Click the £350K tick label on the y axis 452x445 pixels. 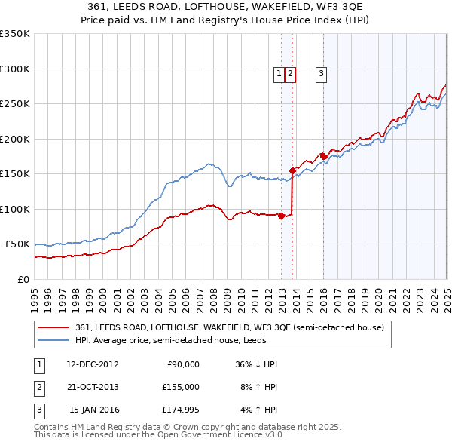tap(14, 34)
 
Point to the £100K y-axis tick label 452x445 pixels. tap(14, 209)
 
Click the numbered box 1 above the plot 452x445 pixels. tap(279, 73)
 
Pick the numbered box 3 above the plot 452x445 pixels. tap(321, 73)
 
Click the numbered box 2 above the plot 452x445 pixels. tap(290, 73)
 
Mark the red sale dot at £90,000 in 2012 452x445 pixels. tap(282, 216)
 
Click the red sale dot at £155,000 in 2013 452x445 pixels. tap(293, 170)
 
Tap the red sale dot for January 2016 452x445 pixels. tap(323, 156)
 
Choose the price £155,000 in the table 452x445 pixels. tap(180, 387)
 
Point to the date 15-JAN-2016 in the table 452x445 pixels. tap(93, 410)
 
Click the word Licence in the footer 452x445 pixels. tap(245, 434)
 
